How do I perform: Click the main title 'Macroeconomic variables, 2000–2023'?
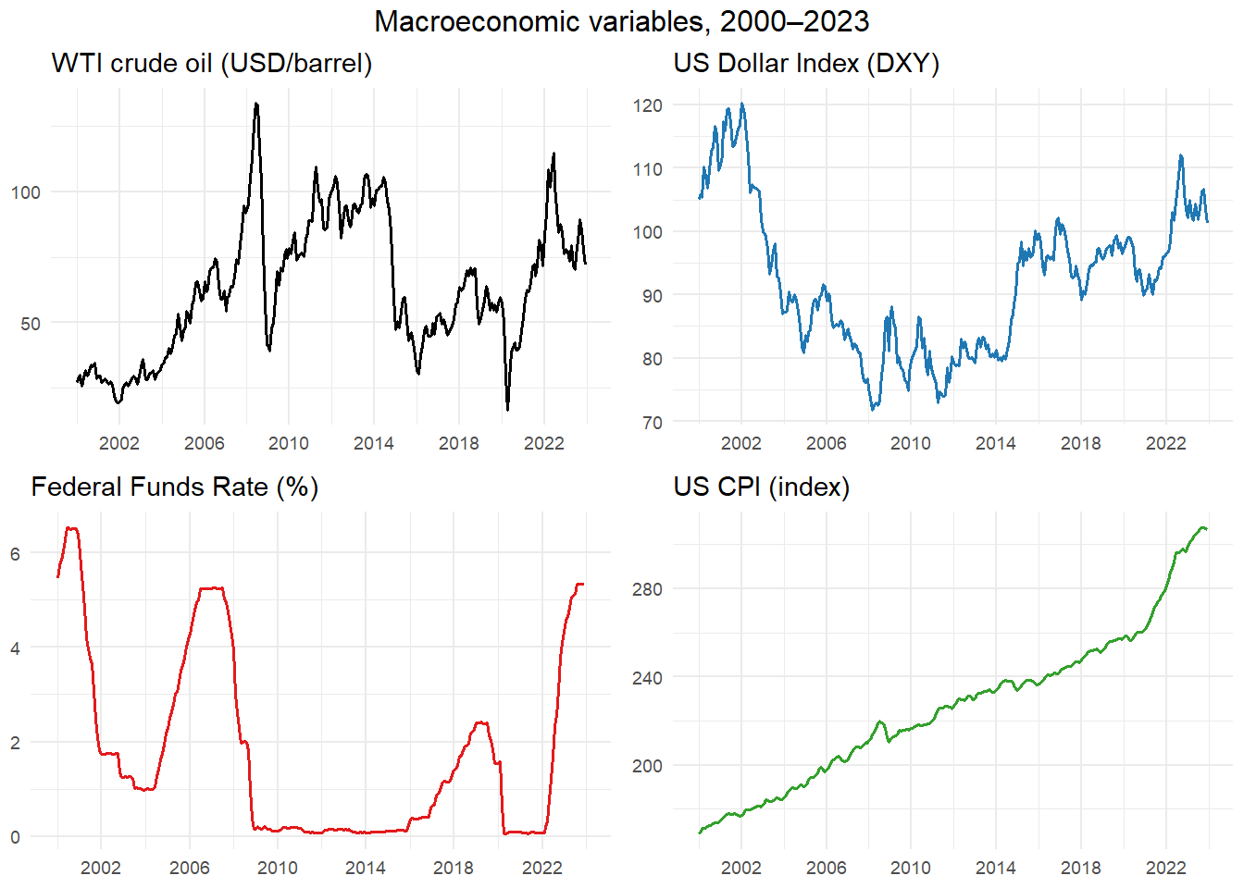pyautogui.click(x=621, y=22)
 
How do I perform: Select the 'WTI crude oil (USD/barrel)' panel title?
pyautogui.click(x=212, y=63)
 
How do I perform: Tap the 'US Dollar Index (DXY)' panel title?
pyautogui.click(x=806, y=63)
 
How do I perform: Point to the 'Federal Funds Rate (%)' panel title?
pyautogui.click(x=174, y=487)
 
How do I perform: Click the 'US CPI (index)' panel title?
pyautogui.click(x=762, y=487)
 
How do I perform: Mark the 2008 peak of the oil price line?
pyautogui.click(x=256, y=104)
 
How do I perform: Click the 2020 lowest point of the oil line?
pyautogui.click(x=507, y=410)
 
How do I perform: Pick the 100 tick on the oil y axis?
pyautogui.click(x=26, y=193)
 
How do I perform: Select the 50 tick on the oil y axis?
pyautogui.click(x=31, y=324)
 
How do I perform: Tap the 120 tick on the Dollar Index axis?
pyautogui.click(x=648, y=105)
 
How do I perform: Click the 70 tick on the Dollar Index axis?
pyautogui.click(x=653, y=423)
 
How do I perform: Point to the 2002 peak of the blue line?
pyautogui.click(x=742, y=104)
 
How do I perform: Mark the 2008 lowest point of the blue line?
pyautogui.click(x=873, y=410)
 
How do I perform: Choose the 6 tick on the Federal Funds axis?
pyautogui.click(x=15, y=553)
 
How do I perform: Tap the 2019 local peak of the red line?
pyautogui.click(x=481, y=722)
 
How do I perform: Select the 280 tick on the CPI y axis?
pyautogui.click(x=648, y=589)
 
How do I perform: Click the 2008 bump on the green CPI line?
pyautogui.click(x=879, y=721)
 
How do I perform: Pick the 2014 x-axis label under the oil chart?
pyautogui.click(x=374, y=443)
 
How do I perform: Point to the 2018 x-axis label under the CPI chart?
pyautogui.click(x=1081, y=868)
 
